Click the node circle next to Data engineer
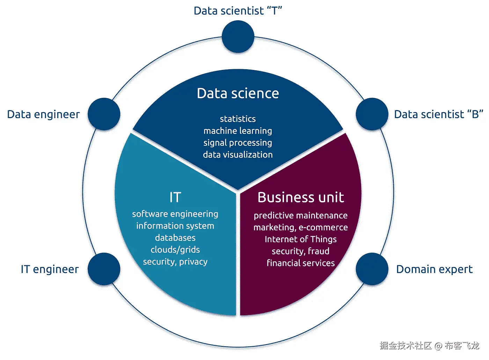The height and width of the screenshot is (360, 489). [x=104, y=114]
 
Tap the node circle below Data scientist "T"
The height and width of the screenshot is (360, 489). [x=238, y=37]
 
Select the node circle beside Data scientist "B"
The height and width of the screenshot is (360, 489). [x=372, y=114]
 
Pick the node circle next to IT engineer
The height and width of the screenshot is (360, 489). [x=104, y=269]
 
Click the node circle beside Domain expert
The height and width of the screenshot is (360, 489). [x=372, y=269]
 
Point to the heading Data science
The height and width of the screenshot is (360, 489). [x=238, y=93]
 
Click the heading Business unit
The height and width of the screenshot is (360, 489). [x=301, y=197]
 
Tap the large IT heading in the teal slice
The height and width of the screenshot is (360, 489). [x=175, y=197]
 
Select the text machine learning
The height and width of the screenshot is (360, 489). [x=238, y=131]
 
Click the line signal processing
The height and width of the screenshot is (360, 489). [x=238, y=143]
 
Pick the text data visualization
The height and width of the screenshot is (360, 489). [x=238, y=154]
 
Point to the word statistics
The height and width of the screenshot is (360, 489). [x=238, y=119]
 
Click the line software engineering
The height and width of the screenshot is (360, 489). [x=175, y=214]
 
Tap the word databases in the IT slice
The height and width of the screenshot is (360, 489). [x=175, y=238]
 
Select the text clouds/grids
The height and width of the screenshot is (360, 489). [x=175, y=250]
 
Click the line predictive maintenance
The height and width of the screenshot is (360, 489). [x=301, y=215]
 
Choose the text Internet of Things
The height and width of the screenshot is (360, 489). [x=301, y=239]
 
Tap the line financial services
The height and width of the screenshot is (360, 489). [x=301, y=263]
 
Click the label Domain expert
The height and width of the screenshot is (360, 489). [x=434, y=269]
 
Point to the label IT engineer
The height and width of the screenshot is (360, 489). [x=50, y=269]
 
